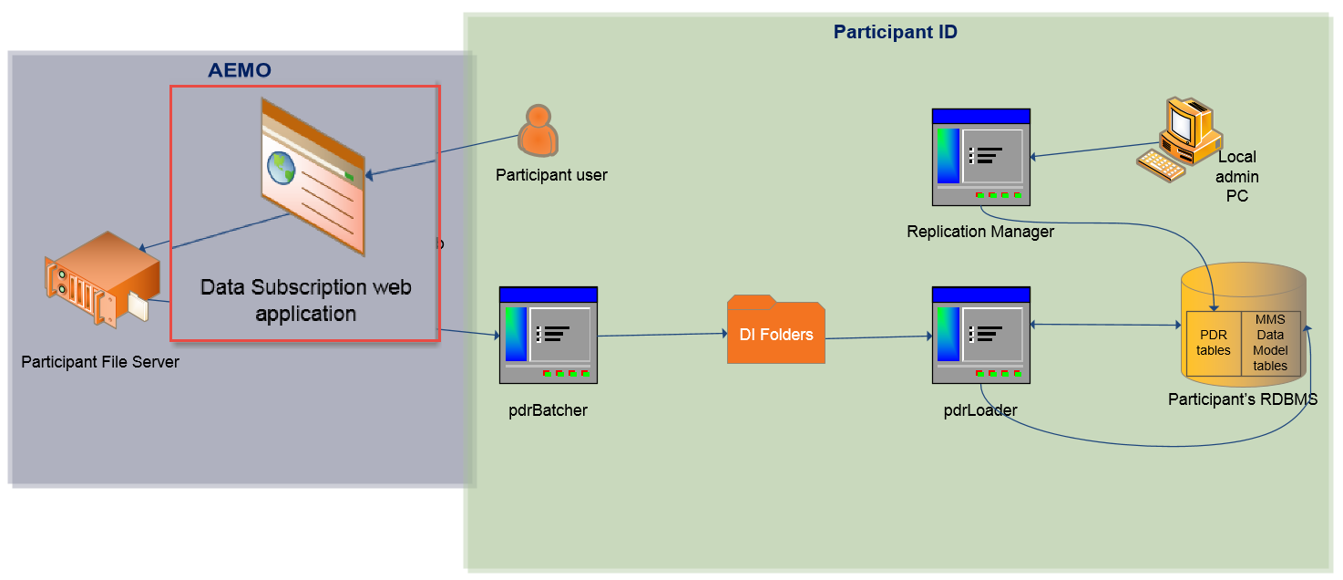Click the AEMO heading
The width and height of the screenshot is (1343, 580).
pyautogui.click(x=240, y=70)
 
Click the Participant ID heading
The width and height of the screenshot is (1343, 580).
pyautogui.click(x=895, y=33)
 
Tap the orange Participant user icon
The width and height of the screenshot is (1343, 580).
pyautogui.click(x=538, y=129)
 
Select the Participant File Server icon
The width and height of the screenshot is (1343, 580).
pyautogui.click(x=101, y=279)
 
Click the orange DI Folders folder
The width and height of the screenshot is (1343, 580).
pyautogui.click(x=776, y=331)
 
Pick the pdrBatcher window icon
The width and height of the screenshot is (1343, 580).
pyautogui.click(x=548, y=335)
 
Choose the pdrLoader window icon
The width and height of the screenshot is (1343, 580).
pyautogui.click(x=981, y=335)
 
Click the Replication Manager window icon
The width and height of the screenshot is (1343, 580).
pyautogui.click(x=980, y=156)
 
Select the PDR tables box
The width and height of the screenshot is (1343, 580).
pyautogui.click(x=1214, y=343)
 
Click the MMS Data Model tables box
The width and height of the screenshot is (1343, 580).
pyautogui.click(x=1270, y=343)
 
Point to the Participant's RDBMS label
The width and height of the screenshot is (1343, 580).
pyautogui.click(x=1243, y=399)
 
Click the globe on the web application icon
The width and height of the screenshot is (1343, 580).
pyautogui.click(x=280, y=167)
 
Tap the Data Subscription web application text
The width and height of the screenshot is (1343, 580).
pyautogui.click(x=305, y=300)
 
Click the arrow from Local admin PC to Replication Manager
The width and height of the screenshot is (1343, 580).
pyautogui.click(x=1093, y=150)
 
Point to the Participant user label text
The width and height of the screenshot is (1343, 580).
pyautogui.click(x=551, y=174)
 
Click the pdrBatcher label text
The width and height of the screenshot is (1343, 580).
pyautogui.click(x=548, y=410)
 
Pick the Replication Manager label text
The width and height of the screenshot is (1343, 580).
pyautogui.click(x=980, y=232)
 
